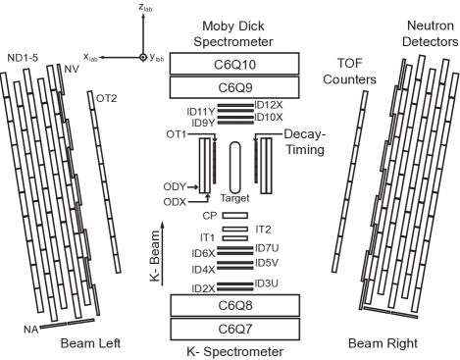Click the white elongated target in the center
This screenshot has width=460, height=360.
coord(235,168)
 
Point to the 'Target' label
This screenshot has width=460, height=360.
coord(235,198)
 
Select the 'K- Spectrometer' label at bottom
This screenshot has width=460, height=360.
coord(230,350)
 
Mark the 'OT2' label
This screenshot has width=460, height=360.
coord(106,98)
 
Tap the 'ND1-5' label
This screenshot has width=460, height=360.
coord(23,58)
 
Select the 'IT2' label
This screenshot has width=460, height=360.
coord(263,229)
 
